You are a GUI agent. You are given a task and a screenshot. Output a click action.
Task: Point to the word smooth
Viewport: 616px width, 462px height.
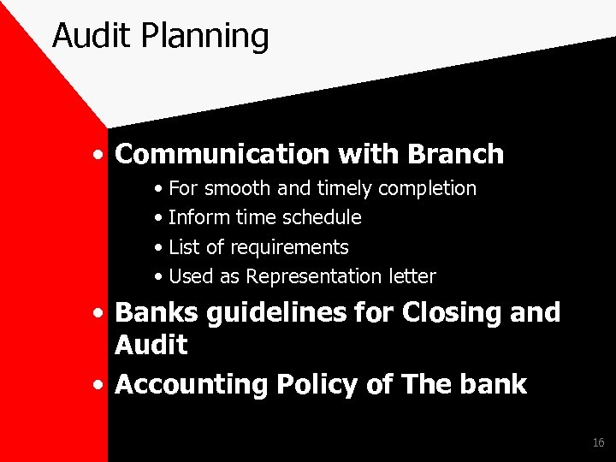point(234,187)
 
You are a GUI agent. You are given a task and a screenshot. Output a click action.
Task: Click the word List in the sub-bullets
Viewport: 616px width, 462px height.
point(184,247)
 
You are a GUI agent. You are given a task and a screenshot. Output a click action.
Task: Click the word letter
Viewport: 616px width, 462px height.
point(411,276)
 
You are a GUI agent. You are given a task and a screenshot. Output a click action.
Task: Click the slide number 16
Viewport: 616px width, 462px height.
point(598,442)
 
